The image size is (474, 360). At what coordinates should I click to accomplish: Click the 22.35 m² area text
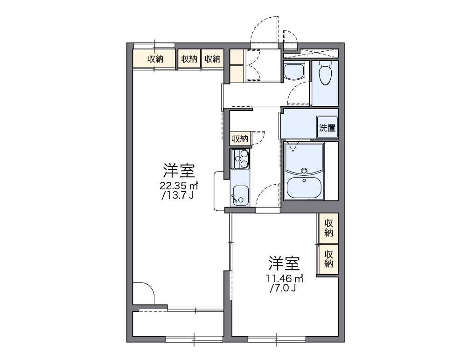[x=179, y=186]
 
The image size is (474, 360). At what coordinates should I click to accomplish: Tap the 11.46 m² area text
[x=285, y=279]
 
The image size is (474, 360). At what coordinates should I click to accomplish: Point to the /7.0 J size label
[x=284, y=289]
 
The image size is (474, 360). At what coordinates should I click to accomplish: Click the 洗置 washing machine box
[x=327, y=128]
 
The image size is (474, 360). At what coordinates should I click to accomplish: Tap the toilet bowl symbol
[x=325, y=74]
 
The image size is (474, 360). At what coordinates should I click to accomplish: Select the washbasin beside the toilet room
[x=294, y=72]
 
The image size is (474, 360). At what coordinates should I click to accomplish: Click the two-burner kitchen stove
[x=241, y=159]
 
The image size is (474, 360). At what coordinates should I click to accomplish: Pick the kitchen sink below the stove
[x=240, y=194]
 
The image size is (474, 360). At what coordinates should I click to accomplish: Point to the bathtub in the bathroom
[x=304, y=187]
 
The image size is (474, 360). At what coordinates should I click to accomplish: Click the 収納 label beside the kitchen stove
[x=240, y=138]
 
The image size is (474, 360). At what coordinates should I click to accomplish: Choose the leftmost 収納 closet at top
[x=155, y=59]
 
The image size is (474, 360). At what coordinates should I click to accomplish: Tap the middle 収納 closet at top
[x=189, y=59]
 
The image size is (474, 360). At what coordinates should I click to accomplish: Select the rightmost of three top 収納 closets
[x=212, y=59]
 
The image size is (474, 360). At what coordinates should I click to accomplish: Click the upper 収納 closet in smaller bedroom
[x=328, y=227]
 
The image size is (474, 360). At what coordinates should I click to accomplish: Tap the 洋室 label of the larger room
[x=179, y=171]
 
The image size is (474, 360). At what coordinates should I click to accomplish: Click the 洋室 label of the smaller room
[x=284, y=264]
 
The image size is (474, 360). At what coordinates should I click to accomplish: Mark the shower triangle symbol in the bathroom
[x=293, y=148]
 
